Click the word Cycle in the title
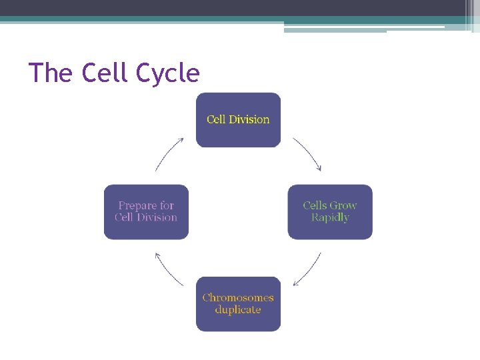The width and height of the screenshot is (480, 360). click(x=167, y=73)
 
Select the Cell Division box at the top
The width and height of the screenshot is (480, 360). click(x=238, y=120)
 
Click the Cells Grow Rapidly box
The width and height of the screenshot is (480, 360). click(x=330, y=212)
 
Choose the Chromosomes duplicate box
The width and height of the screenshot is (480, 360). click(x=238, y=304)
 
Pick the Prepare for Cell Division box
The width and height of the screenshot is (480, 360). click(x=146, y=212)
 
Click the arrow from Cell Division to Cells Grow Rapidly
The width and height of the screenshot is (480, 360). click(x=308, y=155)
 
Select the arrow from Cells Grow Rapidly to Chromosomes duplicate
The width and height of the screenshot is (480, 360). click(x=307, y=269)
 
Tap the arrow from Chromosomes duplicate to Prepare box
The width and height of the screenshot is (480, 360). click(x=169, y=269)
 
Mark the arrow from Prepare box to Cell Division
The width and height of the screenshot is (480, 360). click(x=169, y=154)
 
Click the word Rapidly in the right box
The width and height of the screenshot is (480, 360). click(x=330, y=218)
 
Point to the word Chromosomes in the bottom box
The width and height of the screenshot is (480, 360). click(x=238, y=298)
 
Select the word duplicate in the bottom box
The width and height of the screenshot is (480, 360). click(x=238, y=310)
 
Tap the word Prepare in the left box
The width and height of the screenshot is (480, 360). click(x=137, y=206)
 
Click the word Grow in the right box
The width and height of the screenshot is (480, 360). click(x=344, y=206)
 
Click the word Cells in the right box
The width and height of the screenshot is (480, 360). click(x=315, y=206)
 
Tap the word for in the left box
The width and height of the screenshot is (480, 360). click(x=167, y=206)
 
